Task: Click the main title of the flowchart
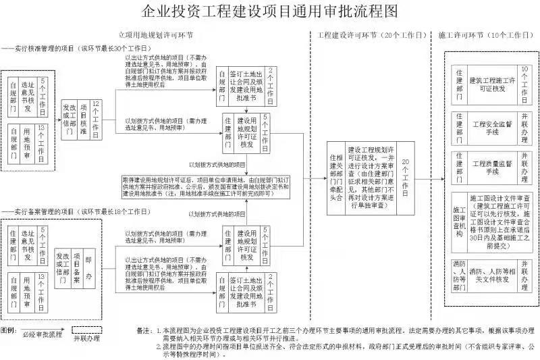pos(270,11)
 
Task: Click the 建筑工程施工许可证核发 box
pos(492,85)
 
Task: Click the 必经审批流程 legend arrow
pos(42,334)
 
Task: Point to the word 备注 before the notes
pos(144,331)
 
